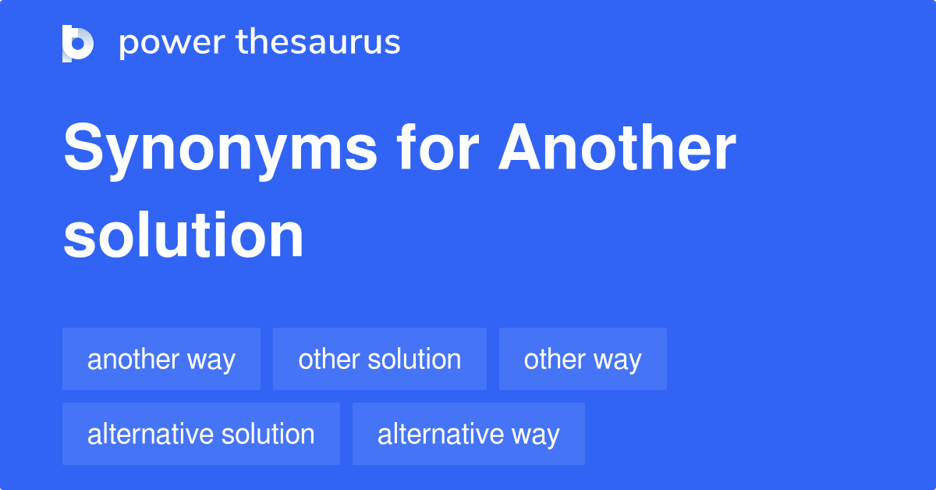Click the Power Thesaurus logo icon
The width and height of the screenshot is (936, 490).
[x=78, y=43]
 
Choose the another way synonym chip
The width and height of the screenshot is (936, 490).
[x=161, y=359]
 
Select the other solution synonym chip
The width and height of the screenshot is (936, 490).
[x=380, y=359]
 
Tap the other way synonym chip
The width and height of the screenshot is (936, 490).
[x=583, y=359]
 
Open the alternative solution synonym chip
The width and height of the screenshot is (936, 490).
[x=201, y=434]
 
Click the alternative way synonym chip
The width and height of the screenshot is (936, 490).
[x=469, y=434]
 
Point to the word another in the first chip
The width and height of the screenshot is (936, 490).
[x=133, y=359]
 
